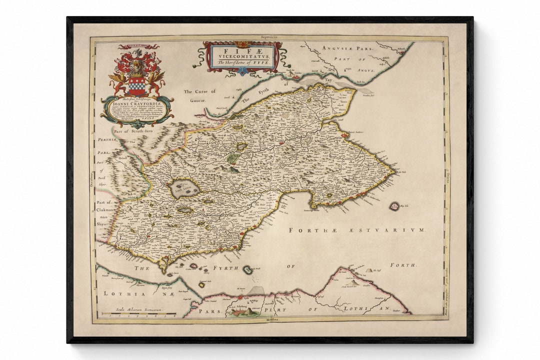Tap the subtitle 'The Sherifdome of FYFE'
tap(242, 63)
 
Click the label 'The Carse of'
tap(199, 91)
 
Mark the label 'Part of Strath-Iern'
tap(133, 131)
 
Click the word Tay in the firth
tap(328, 79)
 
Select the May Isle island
tap(394, 205)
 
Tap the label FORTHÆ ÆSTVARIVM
tap(356, 230)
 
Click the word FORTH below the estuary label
tap(403, 265)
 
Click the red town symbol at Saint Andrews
tap(345, 135)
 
